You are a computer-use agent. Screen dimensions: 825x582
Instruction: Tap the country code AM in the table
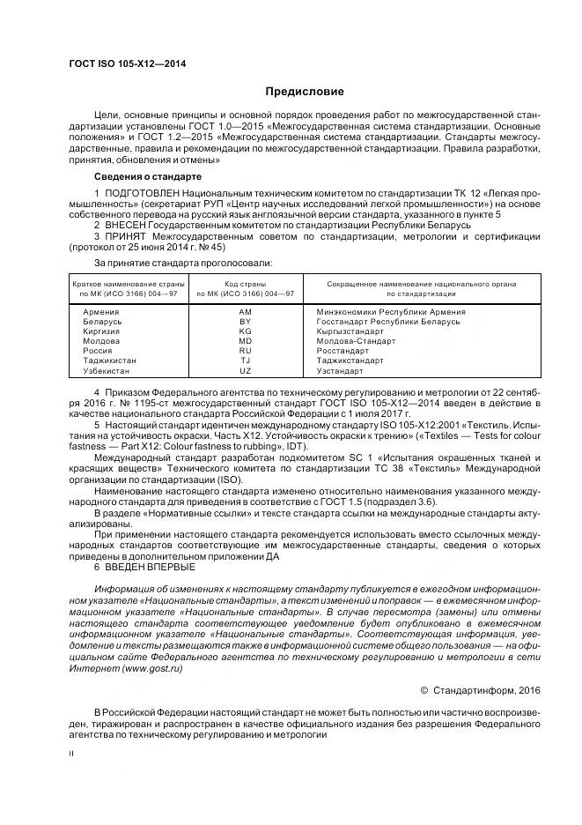pyautogui.click(x=245, y=312)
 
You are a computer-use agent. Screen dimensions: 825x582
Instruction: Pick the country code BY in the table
pyautogui.click(x=245, y=322)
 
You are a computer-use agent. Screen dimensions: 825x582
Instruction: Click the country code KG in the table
pyautogui.click(x=245, y=331)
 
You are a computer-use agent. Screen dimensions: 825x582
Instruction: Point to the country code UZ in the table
pyautogui.click(x=245, y=371)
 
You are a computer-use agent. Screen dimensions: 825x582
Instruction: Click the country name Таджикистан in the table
pyautogui.click(x=109, y=361)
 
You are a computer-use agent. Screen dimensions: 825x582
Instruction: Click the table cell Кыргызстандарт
pyautogui.click(x=350, y=331)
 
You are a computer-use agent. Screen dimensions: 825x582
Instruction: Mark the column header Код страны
pyautogui.click(x=246, y=284)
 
